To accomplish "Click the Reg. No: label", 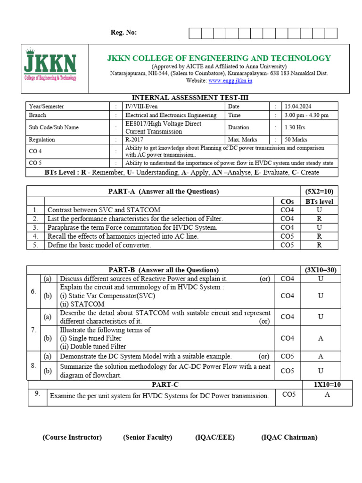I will (x=123, y=33).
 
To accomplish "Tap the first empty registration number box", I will (x=195, y=33).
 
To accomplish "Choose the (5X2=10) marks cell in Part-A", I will (x=320, y=192).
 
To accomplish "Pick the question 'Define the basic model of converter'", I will (x=99, y=245).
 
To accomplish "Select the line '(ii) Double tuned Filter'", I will (x=93, y=347).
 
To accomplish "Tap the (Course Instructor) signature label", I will (x=72, y=437).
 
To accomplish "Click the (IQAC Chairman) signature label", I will (x=289, y=437).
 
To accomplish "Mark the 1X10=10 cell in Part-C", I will (x=327, y=384).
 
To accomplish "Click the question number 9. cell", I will (x=37, y=393).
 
